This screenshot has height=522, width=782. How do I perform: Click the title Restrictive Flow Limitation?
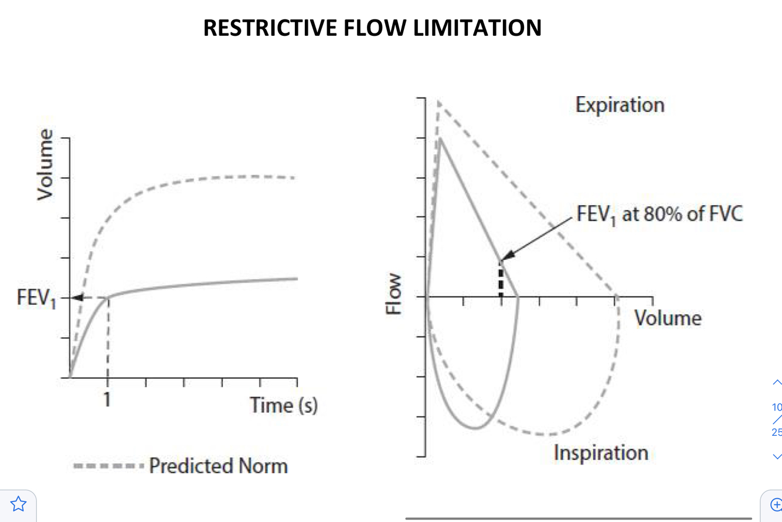tap(372, 28)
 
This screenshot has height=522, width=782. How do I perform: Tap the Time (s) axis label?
tap(284, 405)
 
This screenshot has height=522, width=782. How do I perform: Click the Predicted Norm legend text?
tap(219, 466)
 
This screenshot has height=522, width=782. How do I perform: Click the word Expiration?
tap(620, 105)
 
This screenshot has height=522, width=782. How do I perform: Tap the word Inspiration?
tap(601, 453)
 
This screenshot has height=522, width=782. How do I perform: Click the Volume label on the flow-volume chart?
tap(668, 318)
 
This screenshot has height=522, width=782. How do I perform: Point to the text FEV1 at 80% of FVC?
tap(659, 213)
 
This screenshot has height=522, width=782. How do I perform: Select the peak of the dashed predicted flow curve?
tap(438, 101)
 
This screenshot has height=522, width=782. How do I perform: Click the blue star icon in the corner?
tap(18, 503)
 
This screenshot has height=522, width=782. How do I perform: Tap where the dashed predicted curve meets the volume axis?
tap(617, 297)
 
